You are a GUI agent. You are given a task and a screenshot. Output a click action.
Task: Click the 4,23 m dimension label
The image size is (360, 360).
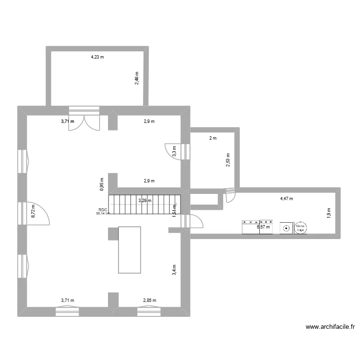(x=97, y=57)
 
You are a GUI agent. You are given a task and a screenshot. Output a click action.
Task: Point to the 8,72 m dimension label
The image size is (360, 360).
(x=33, y=213)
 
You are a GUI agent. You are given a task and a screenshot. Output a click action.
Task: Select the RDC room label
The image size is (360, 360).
(x=103, y=210)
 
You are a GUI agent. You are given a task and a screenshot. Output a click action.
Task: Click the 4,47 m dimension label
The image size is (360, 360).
(x=286, y=198)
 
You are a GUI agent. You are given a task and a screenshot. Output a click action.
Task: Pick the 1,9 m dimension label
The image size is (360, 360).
(x=329, y=213)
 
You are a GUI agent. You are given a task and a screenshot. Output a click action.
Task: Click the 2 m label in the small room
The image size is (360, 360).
(x=212, y=138)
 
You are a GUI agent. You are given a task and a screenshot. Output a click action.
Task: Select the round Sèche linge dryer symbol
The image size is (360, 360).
(x=300, y=228)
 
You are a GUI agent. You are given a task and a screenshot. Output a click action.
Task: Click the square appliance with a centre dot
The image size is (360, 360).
(x=286, y=228)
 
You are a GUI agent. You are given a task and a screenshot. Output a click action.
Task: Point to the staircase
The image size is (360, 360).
(x=144, y=204)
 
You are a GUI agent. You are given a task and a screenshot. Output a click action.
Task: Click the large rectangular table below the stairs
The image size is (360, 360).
(x=129, y=250)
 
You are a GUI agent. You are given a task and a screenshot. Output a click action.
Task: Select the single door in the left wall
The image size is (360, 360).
(x=38, y=212)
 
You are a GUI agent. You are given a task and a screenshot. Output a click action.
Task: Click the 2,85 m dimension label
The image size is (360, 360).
(x=149, y=300)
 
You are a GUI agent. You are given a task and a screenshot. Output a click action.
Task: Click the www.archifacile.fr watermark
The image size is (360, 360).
(x=331, y=327)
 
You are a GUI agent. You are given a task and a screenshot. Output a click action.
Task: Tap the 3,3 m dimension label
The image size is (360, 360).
(x=174, y=151)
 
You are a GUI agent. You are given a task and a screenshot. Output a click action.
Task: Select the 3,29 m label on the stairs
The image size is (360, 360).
(x=144, y=201)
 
